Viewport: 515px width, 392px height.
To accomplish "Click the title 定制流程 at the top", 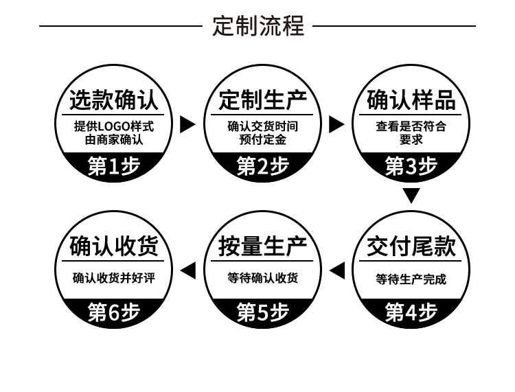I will [x=257, y=26].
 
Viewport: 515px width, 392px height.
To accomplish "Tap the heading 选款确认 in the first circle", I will [x=114, y=101].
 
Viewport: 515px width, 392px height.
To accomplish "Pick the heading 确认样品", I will [x=411, y=101].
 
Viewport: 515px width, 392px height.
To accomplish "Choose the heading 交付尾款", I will [x=411, y=247].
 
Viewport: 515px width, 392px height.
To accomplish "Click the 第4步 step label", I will [x=411, y=312].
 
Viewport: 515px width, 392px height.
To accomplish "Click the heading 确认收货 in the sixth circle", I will [x=114, y=247].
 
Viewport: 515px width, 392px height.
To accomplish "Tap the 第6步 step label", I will [x=114, y=312].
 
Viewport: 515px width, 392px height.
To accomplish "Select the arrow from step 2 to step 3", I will [x=336, y=124].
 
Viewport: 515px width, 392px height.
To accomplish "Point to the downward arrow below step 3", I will [x=411, y=196].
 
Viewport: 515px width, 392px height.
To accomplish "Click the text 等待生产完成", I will [x=411, y=279].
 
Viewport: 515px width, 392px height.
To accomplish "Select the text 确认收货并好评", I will [x=114, y=278].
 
